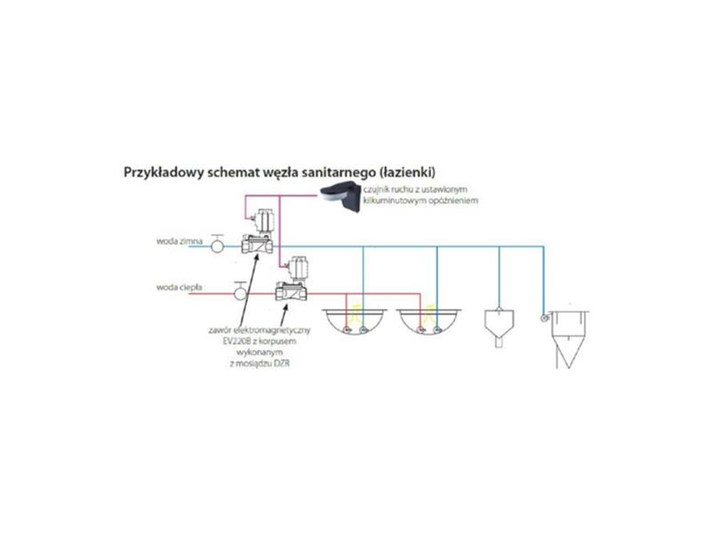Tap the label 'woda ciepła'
click(180, 287)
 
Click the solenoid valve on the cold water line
click(258, 233)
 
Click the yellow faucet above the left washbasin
click(355, 311)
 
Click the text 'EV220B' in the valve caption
click(234, 340)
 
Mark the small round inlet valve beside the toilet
click(542, 316)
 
